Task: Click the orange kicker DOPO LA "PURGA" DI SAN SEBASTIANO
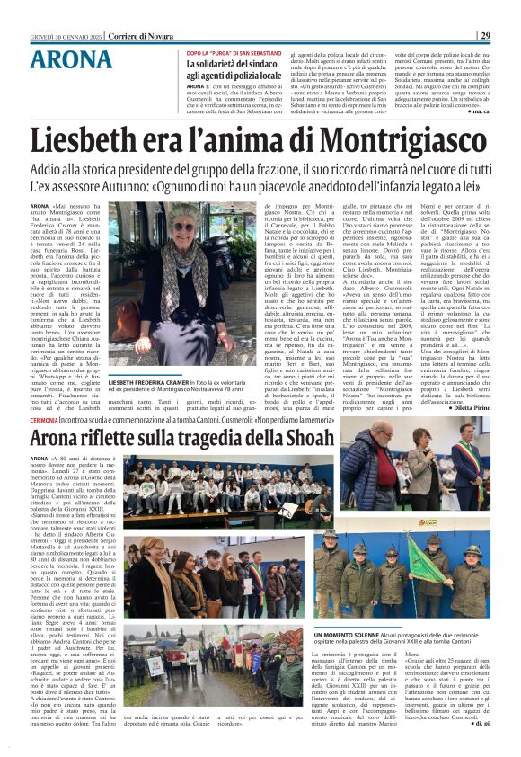[231, 51]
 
